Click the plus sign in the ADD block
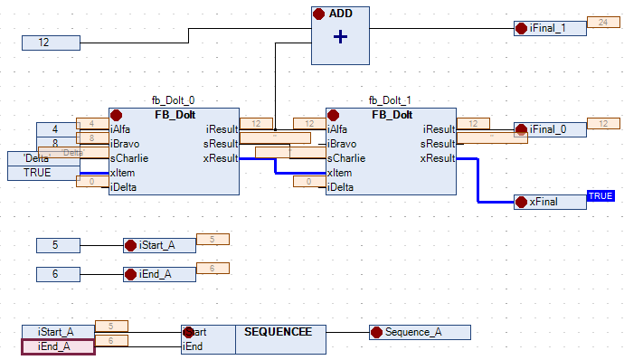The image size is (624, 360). click(x=340, y=37)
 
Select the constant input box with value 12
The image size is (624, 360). click(x=52, y=43)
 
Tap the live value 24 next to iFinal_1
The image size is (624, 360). click(x=598, y=22)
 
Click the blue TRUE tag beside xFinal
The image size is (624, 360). click(x=600, y=195)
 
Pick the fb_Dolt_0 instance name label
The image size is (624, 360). click(x=174, y=100)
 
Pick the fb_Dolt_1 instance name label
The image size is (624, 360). click(x=392, y=100)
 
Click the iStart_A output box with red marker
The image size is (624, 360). click(x=159, y=245)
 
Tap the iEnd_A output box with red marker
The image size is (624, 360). click(x=159, y=274)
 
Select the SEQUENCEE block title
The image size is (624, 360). click(x=278, y=332)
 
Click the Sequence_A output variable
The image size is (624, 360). click(x=419, y=332)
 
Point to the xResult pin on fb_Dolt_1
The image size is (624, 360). click(x=437, y=158)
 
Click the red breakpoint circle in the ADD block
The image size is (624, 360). click(x=319, y=14)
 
